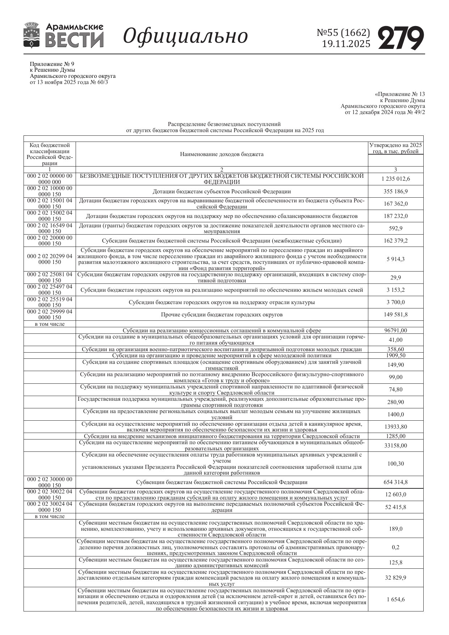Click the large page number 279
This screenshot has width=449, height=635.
coord(401,38)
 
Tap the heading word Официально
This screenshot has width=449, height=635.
coord(186,36)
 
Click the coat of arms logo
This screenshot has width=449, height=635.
coord(31,35)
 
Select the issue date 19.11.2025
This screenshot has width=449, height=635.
coord(346,44)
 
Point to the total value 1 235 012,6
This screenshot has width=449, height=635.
coord(395,179)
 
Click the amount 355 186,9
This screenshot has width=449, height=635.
coord(395,191)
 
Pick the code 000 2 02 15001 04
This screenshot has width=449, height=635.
coord(50,200)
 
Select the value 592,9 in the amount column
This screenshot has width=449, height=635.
coord(395,228)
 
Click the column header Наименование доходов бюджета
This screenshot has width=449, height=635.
coord(221,154)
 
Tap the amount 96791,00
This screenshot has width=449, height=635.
coord(395,330)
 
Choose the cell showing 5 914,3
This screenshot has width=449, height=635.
coord(395,259)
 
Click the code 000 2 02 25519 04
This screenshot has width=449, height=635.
coord(50,299)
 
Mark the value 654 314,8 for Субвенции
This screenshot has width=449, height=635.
coord(395,482)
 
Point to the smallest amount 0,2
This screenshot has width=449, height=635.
coord(395,547)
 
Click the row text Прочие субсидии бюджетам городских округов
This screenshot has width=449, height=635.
coord(221,315)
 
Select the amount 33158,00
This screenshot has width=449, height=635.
coord(395,445)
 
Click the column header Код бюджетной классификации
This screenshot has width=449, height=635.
coord(50,154)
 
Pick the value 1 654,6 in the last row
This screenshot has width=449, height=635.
coord(395,599)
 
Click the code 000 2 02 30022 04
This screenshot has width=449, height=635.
coord(50,492)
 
